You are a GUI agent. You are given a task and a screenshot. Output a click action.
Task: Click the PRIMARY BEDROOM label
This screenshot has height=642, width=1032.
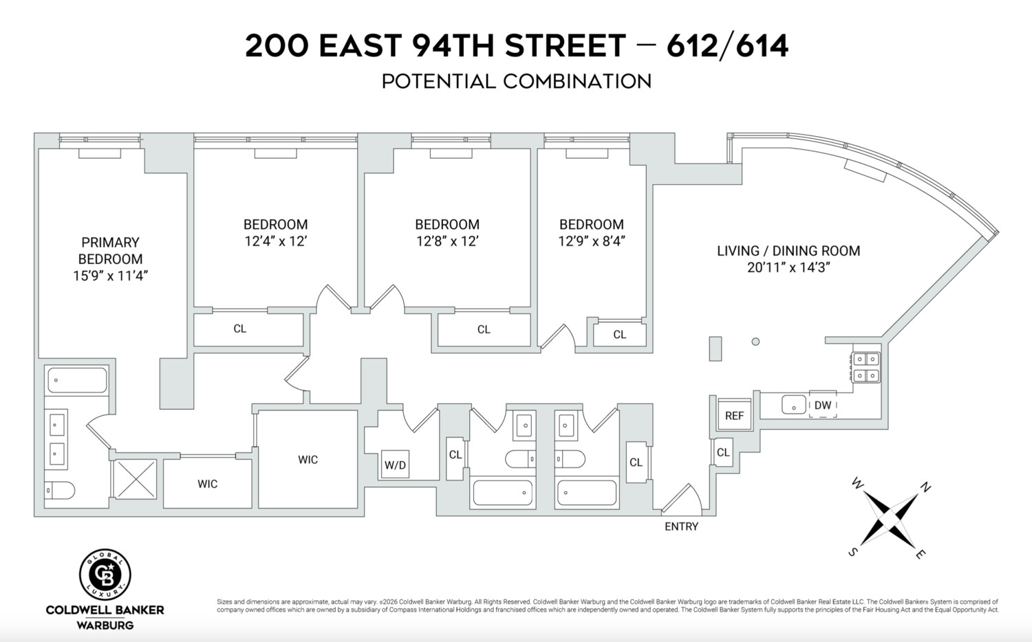[x=110, y=251]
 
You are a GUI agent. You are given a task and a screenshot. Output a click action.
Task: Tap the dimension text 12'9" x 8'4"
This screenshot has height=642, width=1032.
[x=591, y=241]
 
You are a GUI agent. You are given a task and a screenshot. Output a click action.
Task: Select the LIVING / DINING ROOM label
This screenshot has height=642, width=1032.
[x=788, y=251]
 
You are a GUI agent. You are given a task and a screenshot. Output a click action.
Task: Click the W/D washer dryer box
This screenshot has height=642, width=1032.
[x=395, y=465]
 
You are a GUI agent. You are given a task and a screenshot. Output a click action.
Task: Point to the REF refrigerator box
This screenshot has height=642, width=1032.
[x=734, y=415]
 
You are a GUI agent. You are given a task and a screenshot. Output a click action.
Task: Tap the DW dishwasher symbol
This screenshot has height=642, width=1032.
[x=823, y=405]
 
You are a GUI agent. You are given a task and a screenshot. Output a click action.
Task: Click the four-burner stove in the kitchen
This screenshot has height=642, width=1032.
[x=866, y=366]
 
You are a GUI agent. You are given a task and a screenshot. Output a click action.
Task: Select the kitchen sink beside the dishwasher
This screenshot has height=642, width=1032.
[x=793, y=405]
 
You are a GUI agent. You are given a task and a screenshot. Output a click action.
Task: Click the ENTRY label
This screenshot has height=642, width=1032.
[x=681, y=527]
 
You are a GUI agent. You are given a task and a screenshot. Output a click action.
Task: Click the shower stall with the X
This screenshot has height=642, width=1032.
[x=135, y=479]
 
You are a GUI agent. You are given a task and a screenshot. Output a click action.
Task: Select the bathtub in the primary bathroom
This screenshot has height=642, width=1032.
[x=76, y=380]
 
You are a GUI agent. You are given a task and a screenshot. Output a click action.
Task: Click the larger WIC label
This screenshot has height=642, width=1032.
[x=308, y=460]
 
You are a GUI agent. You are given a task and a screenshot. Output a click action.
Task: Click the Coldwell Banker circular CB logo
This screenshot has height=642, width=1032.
[x=105, y=575]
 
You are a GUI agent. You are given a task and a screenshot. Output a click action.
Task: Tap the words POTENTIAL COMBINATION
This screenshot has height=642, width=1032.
[x=516, y=82]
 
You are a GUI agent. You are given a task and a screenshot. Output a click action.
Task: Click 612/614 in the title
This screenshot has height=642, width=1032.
[x=727, y=46]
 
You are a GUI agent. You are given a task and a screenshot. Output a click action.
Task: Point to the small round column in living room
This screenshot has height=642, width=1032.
[x=755, y=342]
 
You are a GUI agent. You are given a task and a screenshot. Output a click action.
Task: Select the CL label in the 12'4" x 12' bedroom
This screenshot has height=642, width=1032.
[x=239, y=329]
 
